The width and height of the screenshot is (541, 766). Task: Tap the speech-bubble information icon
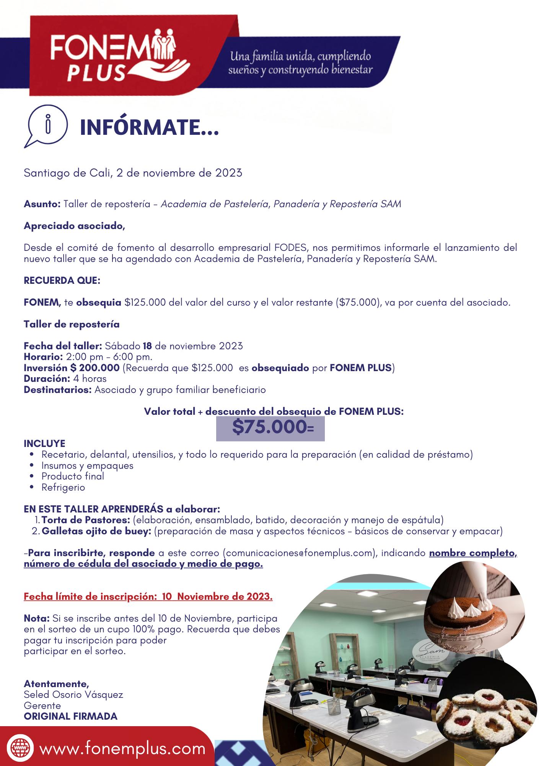point(47,126)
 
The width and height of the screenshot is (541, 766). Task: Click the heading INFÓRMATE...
point(149,128)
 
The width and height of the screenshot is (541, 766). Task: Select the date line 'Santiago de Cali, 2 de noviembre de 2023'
point(133,173)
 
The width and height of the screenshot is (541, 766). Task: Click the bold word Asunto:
point(42,204)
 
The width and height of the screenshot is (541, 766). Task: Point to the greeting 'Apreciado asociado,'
point(74,226)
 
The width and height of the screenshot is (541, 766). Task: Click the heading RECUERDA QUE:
point(62,281)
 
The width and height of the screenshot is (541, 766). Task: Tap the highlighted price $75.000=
point(271,427)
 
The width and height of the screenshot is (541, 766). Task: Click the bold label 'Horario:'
point(43,357)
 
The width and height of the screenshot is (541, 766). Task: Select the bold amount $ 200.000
point(95,368)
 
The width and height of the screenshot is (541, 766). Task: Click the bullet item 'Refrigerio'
point(63,488)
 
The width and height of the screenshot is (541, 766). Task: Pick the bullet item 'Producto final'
point(73,476)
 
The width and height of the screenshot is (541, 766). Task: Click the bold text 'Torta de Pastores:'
point(86,520)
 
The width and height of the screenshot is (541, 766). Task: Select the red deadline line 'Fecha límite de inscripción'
point(148,597)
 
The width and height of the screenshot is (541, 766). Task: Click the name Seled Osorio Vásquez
point(73,695)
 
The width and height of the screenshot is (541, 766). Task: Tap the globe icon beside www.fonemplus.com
point(20,748)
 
